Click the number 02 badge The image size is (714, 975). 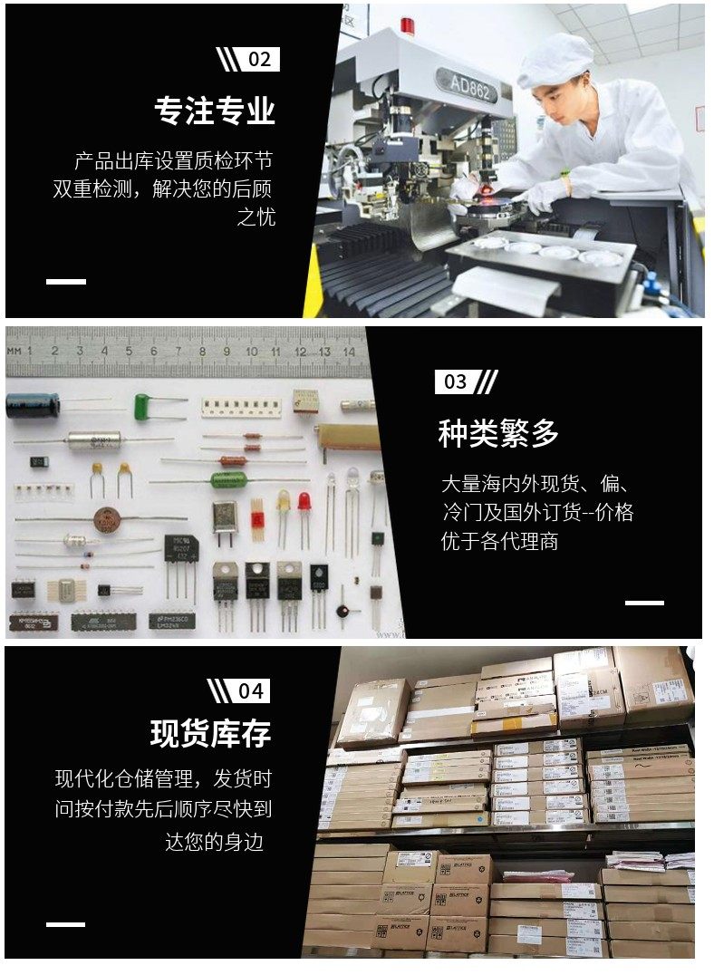(259, 60)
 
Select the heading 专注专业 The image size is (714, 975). (214, 111)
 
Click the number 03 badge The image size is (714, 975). (455, 381)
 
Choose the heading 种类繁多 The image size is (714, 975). (498, 434)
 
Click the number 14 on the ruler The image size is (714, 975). (348, 351)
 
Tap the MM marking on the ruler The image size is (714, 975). (14, 351)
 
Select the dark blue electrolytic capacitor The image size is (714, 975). (33, 405)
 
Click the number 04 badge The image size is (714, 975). (250, 691)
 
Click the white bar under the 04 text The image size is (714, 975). (65, 924)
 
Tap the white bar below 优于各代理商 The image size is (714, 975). (644, 603)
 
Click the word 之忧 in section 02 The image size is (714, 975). (256, 218)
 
